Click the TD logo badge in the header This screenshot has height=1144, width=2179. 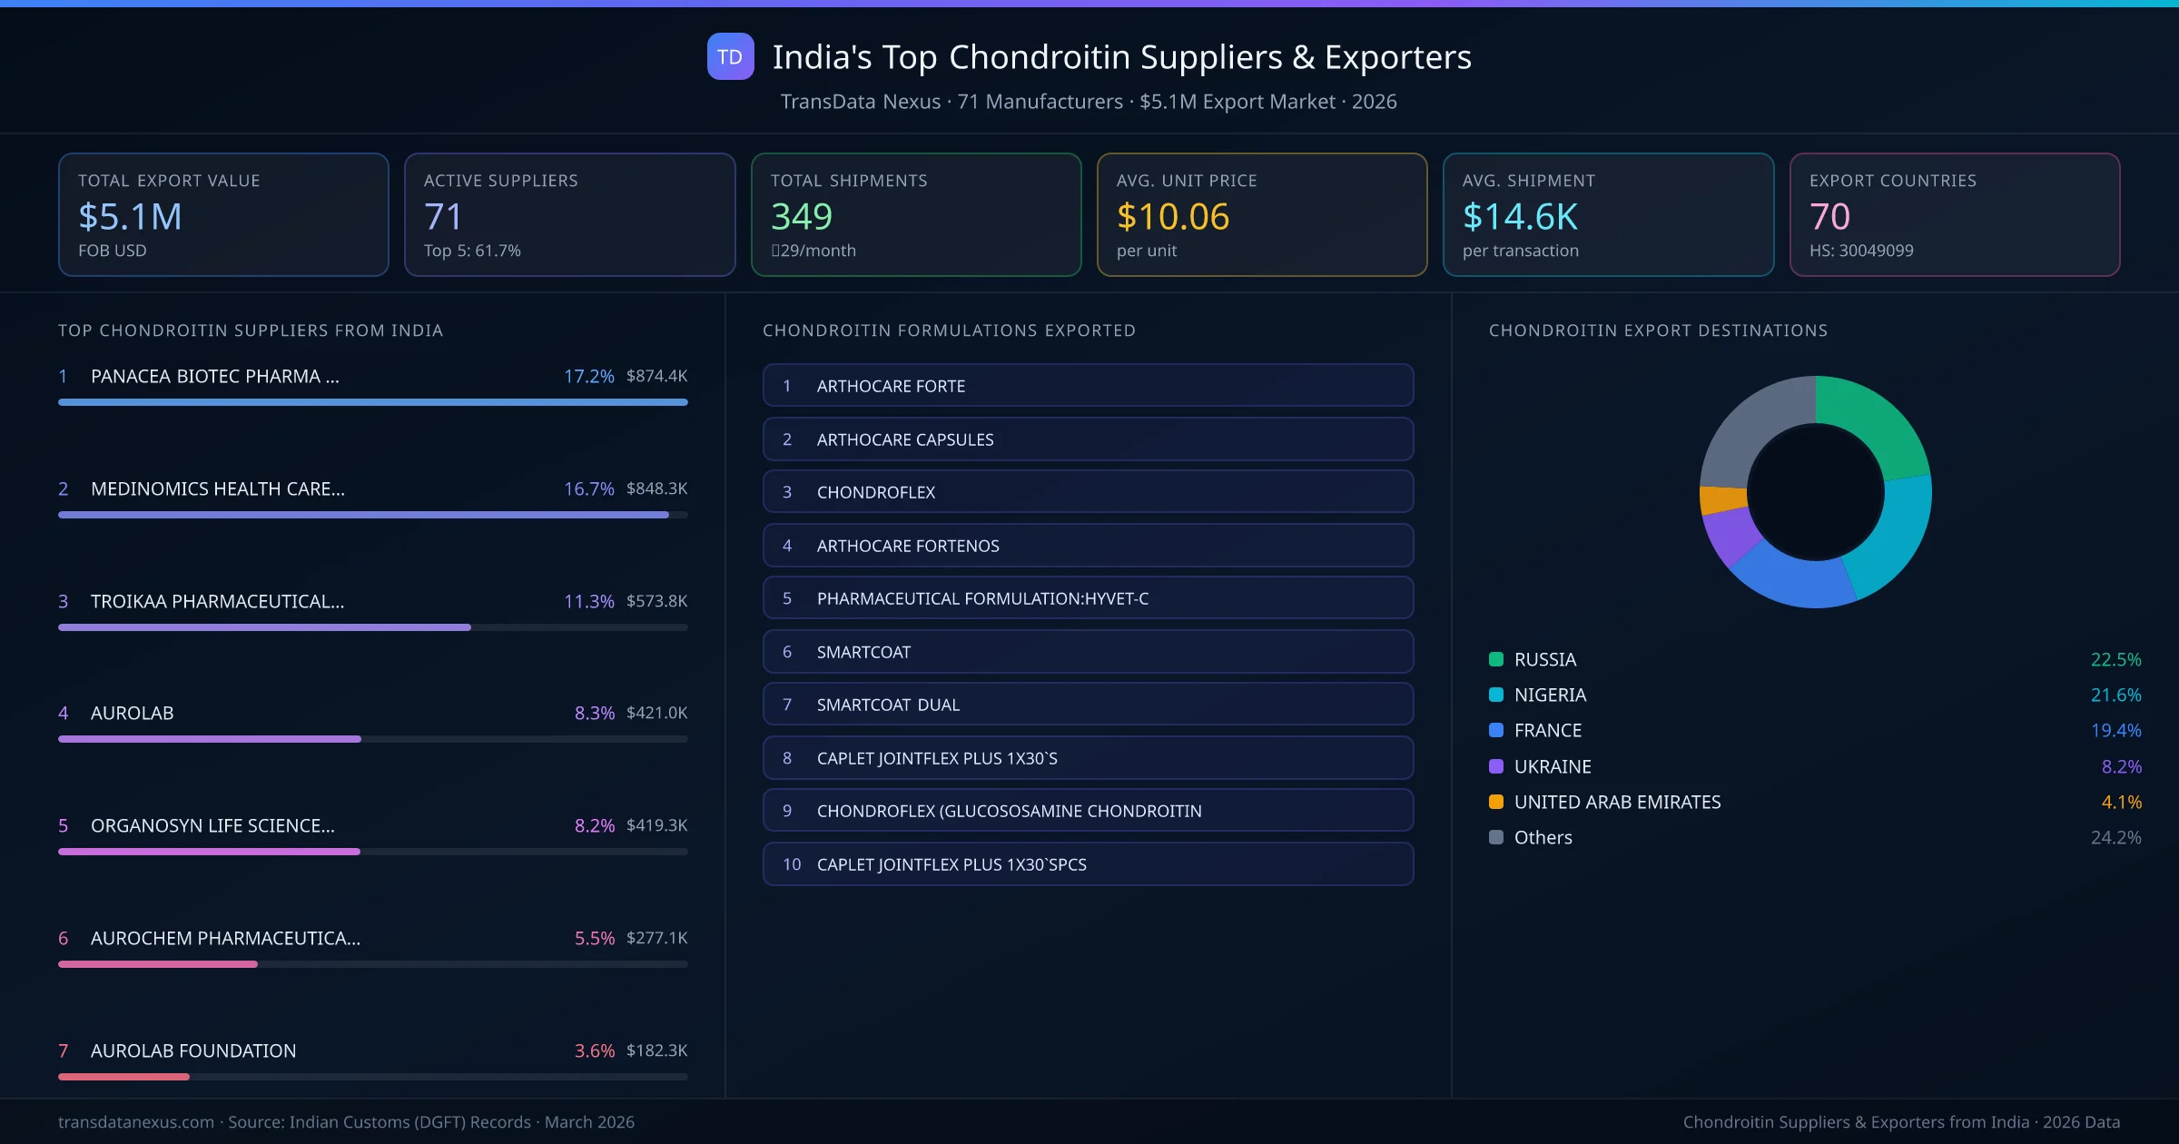[x=730, y=56]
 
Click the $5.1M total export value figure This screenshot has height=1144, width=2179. [x=130, y=216]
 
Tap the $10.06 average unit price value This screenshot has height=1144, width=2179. [x=1172, y=216]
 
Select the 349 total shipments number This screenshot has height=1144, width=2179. [x=801, y=216]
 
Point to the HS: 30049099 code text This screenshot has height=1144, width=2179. [x=1860, y=251]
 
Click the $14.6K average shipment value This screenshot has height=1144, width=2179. [x=1520, y=216]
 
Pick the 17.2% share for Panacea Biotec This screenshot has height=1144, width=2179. [x=588, y=376]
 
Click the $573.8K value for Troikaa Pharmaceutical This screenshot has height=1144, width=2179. [x=656, y=601]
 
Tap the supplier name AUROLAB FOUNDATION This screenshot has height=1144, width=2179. [x=193, y=1050]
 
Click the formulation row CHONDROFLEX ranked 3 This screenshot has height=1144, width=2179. [x=1088, y=492]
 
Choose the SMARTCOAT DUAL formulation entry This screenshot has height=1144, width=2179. [x=1088, y=705]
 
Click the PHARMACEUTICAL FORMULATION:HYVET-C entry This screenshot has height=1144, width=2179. [x=1088, y=598]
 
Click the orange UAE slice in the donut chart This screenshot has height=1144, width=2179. [x=1722, y=500]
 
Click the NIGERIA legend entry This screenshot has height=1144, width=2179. [x=1550, y=695]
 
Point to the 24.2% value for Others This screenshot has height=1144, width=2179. [x=2115, y=838]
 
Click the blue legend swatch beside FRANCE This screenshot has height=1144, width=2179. [x=1496, y=730]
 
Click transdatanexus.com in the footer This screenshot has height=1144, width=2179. [x=136, y=1122]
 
